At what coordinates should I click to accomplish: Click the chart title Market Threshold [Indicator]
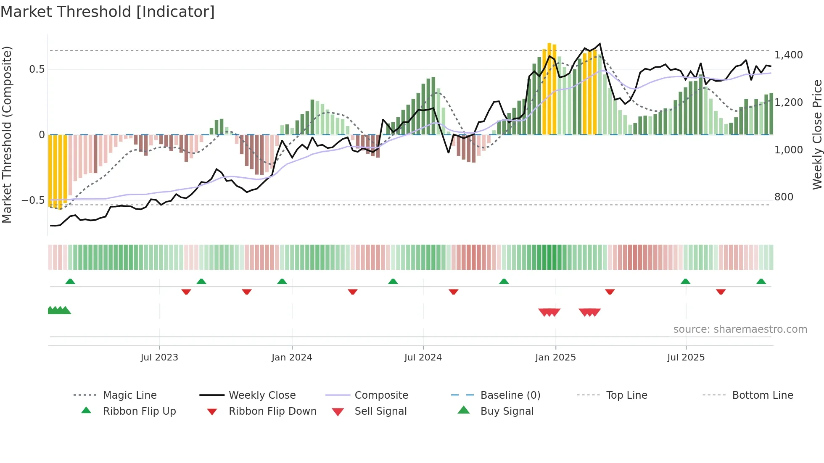pyautogui.click(x=108, y=12)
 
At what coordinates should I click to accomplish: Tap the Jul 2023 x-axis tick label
pyautogui.click(x=159, y=358)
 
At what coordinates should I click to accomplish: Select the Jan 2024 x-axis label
pyautogui.click(x=292, y=358)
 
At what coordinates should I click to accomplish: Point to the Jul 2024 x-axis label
pyautogui.click(x=423, y=358)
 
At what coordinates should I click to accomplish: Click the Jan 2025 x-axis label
pyautogui.click(x=555, y=358)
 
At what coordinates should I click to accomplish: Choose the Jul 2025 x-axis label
pyautogui.click(x=686, y=358)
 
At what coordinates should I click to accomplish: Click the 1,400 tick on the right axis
pyautogui.click(x=788, y=55)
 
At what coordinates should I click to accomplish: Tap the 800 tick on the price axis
pyautogui.click(x=784, y=197)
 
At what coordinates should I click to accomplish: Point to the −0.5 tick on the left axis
pyautogui.click(x=33, y=200)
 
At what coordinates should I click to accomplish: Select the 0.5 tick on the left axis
pyautogui.click(x=37, y=69)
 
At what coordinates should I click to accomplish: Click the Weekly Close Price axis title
pyautogui.click(x=817, y=134)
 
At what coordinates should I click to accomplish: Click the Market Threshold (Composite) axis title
pyautogui.click(x=7, y=134)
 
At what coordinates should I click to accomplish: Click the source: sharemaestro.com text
pyautogui.click(x=740, y=329)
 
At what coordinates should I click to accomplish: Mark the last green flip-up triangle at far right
pyautogui.click(x=761, y=281)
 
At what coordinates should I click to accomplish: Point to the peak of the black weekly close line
pyautogui.click(x=600, y=44)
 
